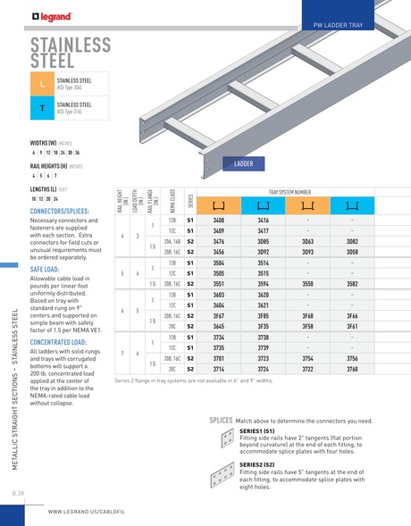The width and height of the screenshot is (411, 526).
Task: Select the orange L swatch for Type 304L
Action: coord(41,85)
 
